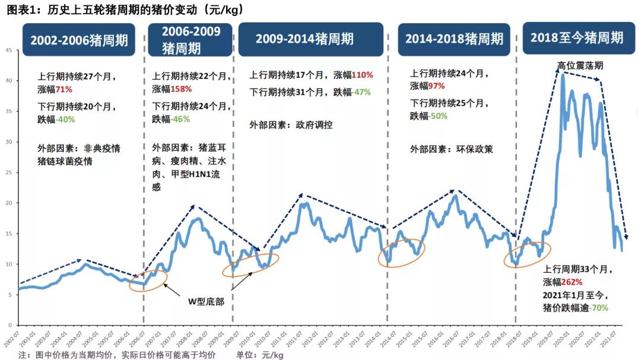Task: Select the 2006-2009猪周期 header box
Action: click(191, 40)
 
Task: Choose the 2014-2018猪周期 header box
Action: click(454, 39)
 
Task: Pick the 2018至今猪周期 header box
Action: click(576, 38)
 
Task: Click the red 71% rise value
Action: click(64, 89)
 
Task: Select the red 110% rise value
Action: click(362, 75)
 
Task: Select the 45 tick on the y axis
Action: click(8, 50)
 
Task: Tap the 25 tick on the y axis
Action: click(8, 173)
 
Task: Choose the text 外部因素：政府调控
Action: click(291, 125)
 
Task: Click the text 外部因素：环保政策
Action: click(451, 149)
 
